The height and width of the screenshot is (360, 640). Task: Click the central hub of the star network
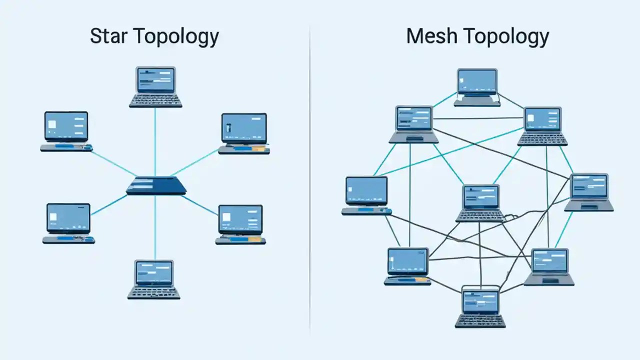coord(155,185)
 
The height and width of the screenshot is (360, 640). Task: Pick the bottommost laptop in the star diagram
coord(154,279)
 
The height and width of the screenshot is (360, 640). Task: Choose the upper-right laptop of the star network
coord(244,133)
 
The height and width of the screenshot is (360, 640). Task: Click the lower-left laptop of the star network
coord(68,223)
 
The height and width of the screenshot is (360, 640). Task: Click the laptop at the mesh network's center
coord(480,203)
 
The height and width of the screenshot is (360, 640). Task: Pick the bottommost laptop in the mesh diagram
coord(480,308)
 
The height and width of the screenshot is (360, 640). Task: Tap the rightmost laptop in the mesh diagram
coord(589,192)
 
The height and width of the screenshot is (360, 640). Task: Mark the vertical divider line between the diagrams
coord(310,180)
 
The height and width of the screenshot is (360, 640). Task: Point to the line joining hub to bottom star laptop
coord(155,227)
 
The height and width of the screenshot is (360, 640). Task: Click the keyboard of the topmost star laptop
coord(155,100)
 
